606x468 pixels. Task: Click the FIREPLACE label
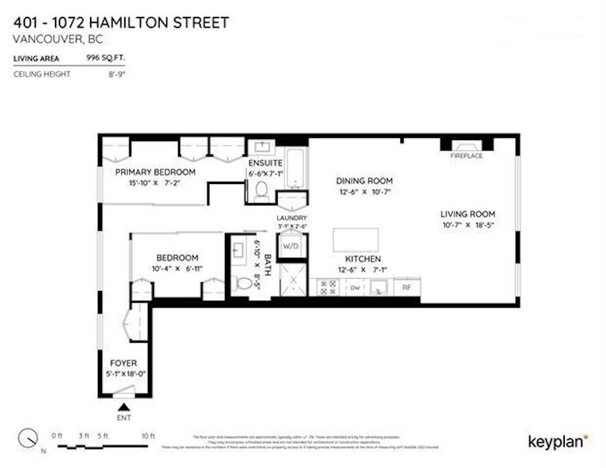(x=466, y=156)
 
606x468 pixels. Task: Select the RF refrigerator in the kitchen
(x=407, y=287)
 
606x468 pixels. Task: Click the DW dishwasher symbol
(x=355, y=287)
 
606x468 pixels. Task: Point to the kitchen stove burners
(x=328, y=287)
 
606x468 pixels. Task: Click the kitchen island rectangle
(x=355, y=240)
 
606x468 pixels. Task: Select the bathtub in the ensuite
(x=296, y=166)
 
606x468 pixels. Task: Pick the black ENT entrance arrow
(x=125, y=407)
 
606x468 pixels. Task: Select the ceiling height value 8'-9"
(x=117, y=74)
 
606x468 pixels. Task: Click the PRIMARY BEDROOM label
(x=155, y=172)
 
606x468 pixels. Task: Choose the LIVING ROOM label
(x=467, y=214)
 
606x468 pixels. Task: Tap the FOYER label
(x=123, y=363)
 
